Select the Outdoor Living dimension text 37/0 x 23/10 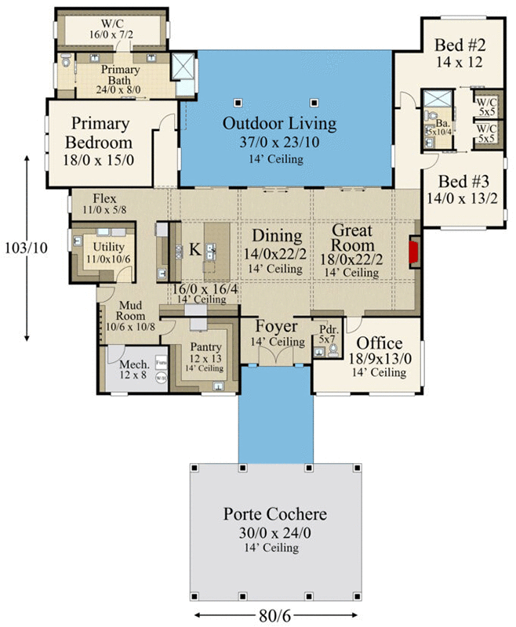tap(279, 143)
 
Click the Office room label tap(380, 343)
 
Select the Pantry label tap(205, 347)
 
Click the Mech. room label tap(129, 365)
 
